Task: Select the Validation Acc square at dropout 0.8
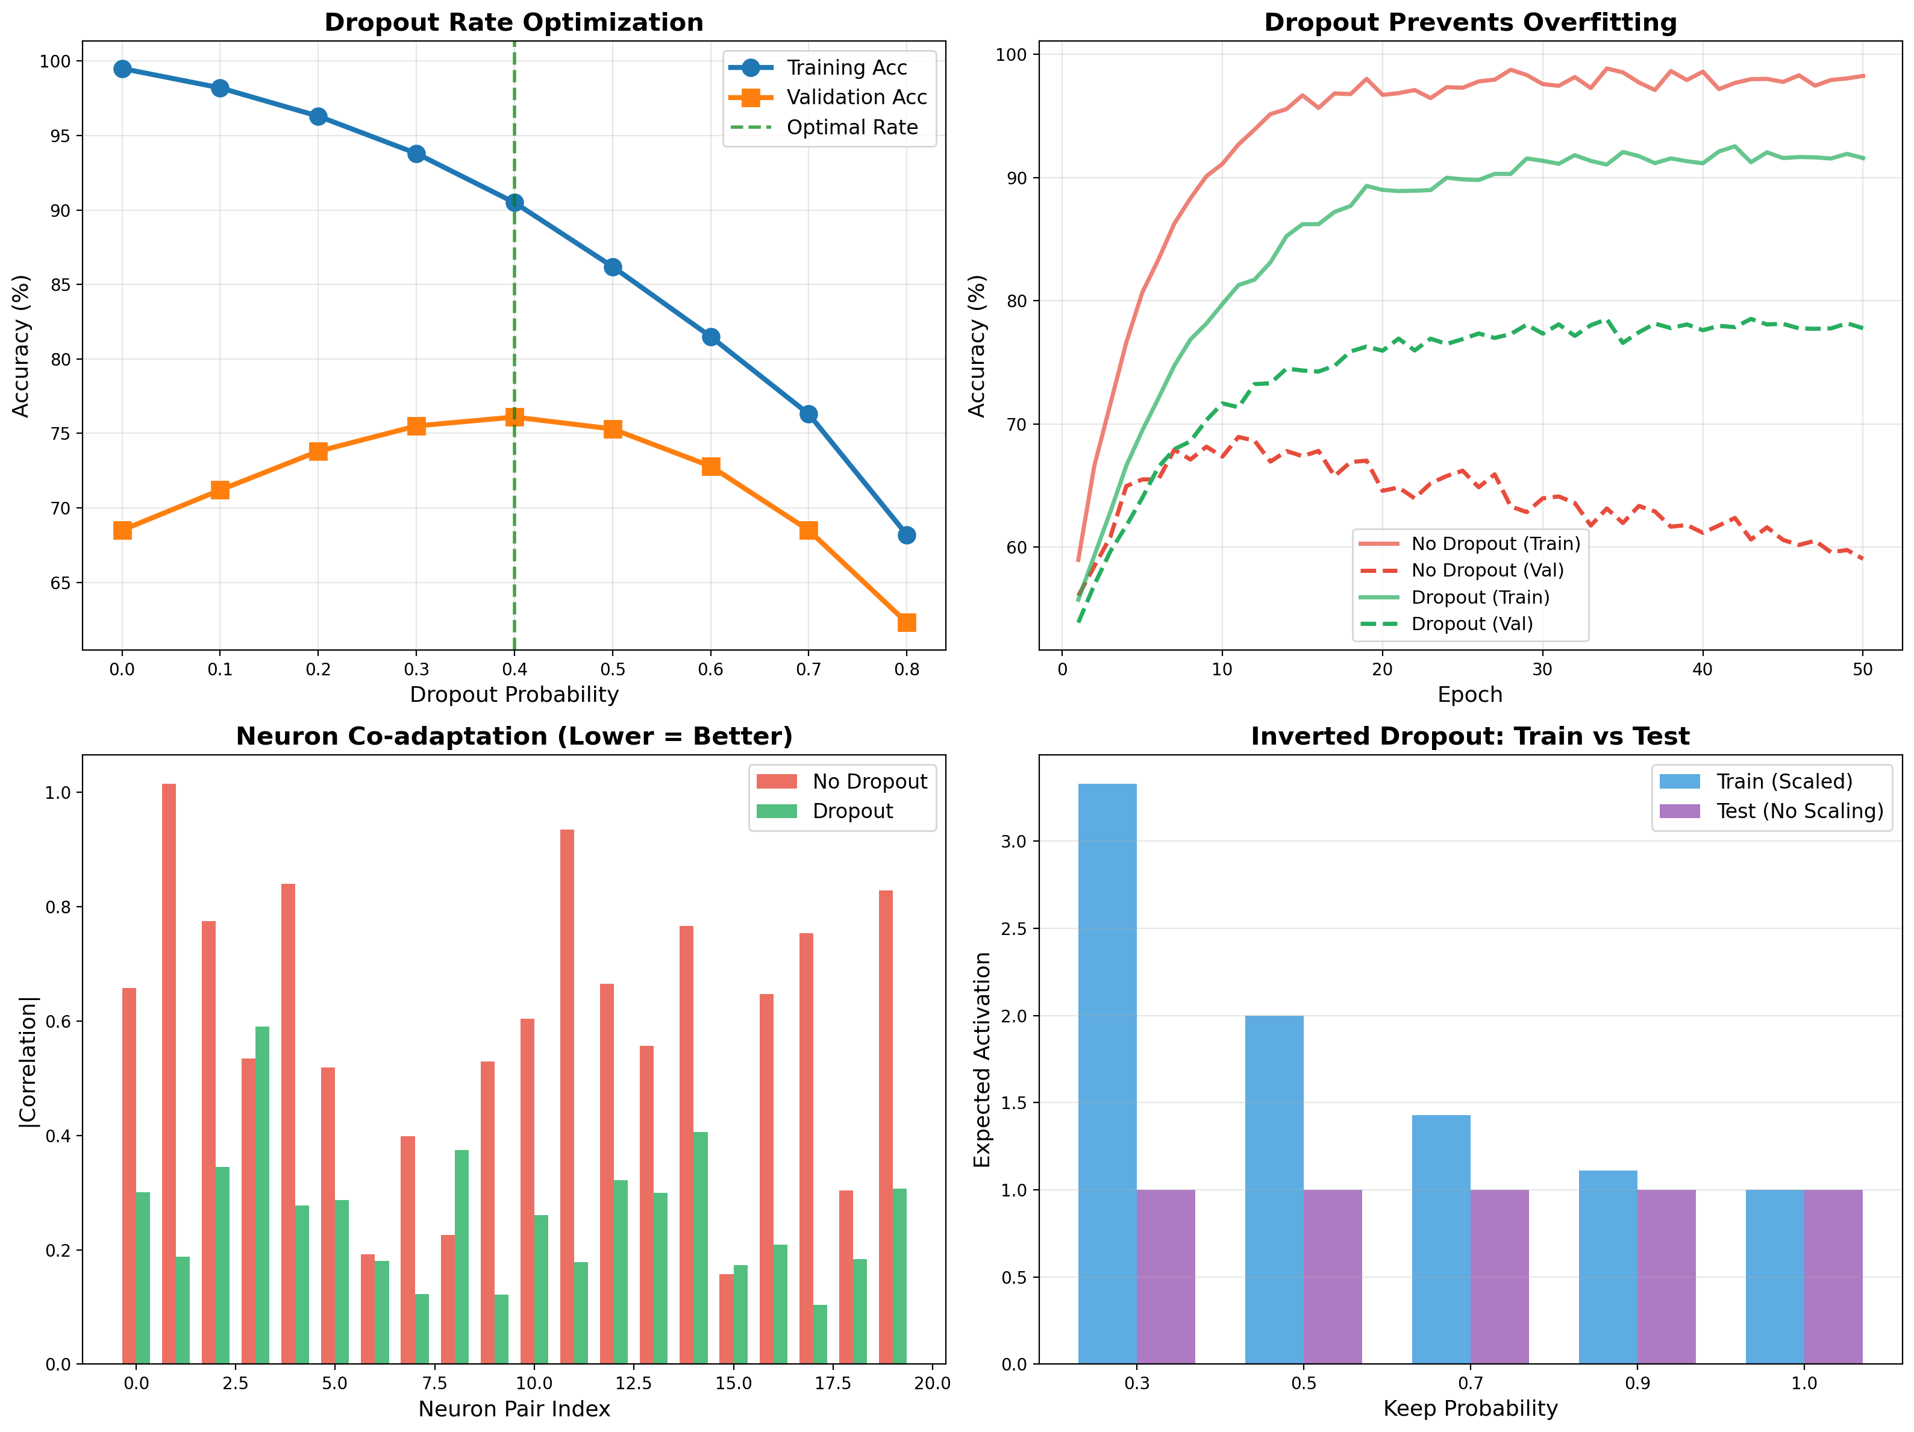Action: coord(907,623)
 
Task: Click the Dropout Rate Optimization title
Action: coord(514,22)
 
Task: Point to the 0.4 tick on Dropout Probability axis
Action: coord(514,669)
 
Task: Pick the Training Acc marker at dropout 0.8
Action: coord(907,536)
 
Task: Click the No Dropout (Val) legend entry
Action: coord(1486,570)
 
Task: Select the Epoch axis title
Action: coord(1469,695)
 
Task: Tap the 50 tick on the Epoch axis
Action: coord(1862,669)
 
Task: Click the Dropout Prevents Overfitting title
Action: coord(1469,22)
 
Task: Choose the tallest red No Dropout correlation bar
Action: coord(169,1073)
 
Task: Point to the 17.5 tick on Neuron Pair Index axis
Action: coord(833,1383)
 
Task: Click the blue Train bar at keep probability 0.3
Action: coord(1107,1073)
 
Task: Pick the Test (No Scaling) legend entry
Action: coord(1799,811)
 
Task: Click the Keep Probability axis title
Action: coord(1469,1409)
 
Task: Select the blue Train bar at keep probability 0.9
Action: coord(1608,1267)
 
